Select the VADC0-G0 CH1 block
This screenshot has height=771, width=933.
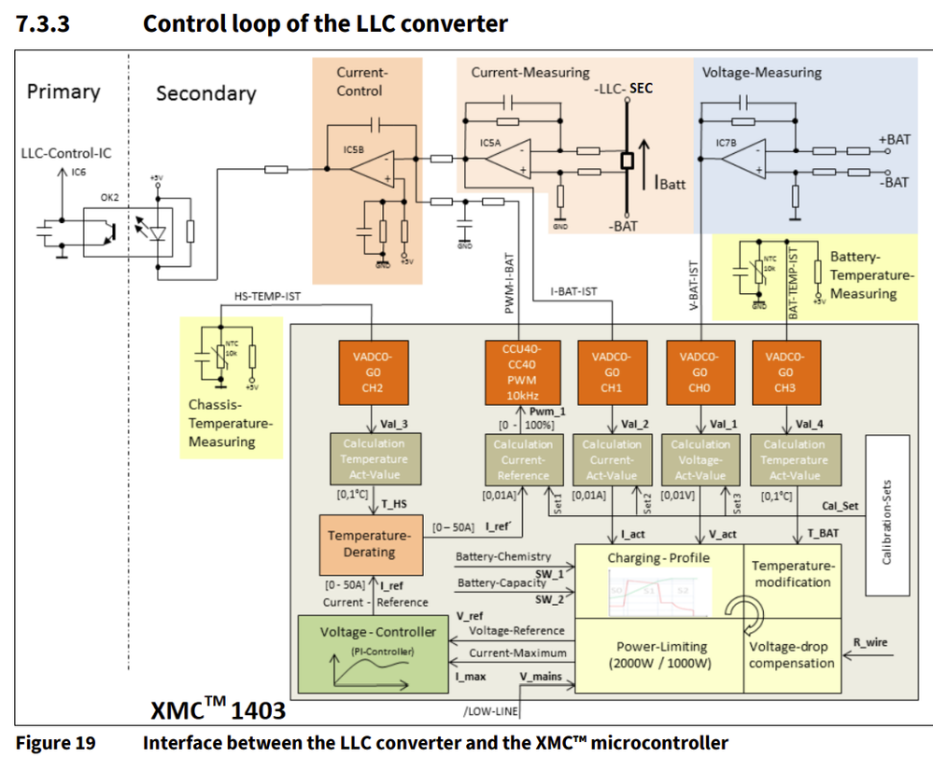[612, 371]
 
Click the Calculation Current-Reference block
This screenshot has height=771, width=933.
[523, 459]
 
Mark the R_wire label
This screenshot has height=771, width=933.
[870, 642]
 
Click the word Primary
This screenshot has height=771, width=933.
[64, 91]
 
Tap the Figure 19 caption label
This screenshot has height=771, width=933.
[55, 743]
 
